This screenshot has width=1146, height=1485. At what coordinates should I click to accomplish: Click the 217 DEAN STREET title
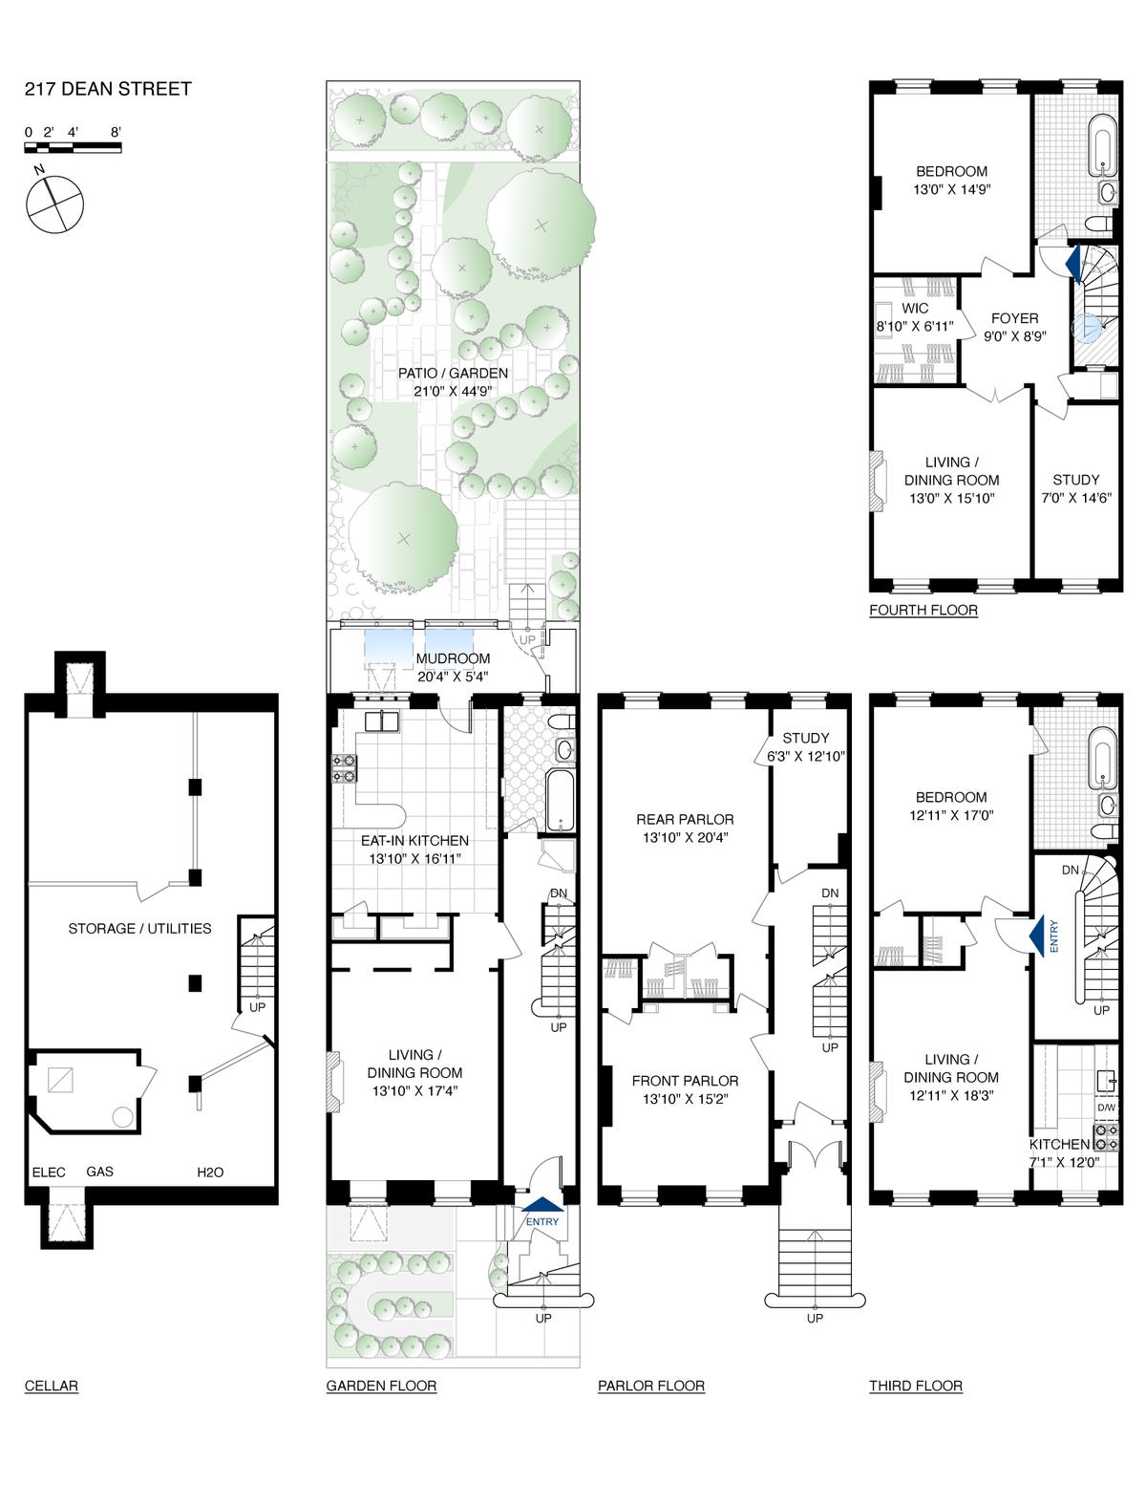tap(108, 90)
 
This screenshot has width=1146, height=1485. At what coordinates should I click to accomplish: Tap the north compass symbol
tap(54, 204)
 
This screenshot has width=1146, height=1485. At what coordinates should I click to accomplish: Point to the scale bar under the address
tap(74, 147)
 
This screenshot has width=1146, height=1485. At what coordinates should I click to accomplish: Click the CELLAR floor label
tap(52, 1386)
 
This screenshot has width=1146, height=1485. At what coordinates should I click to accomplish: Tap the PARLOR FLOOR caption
tap(651, 1386)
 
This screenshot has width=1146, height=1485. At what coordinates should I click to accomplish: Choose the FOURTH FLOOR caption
tap(923, 611)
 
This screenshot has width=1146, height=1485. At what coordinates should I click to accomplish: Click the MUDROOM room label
tap(453, 658)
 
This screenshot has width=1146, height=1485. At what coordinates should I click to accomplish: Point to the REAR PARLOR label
tap(685, 819)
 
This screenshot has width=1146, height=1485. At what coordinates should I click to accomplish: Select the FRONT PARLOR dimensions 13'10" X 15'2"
tap(685, 1099)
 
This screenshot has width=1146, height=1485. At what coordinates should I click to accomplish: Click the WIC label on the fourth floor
tap(915, 309)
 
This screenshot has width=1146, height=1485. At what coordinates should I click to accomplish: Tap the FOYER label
tap(1015, 318)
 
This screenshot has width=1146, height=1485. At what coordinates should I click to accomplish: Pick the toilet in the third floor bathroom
tap(1105, 830)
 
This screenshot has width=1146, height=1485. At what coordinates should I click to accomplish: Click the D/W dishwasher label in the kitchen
tap(1107, 1108)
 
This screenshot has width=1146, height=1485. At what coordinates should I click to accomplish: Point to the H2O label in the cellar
tap(210, 1172)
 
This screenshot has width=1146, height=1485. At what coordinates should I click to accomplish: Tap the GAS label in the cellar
tap(99, 1172)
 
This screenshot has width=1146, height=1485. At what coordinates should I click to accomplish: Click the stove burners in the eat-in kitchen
tap(344, 767)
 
